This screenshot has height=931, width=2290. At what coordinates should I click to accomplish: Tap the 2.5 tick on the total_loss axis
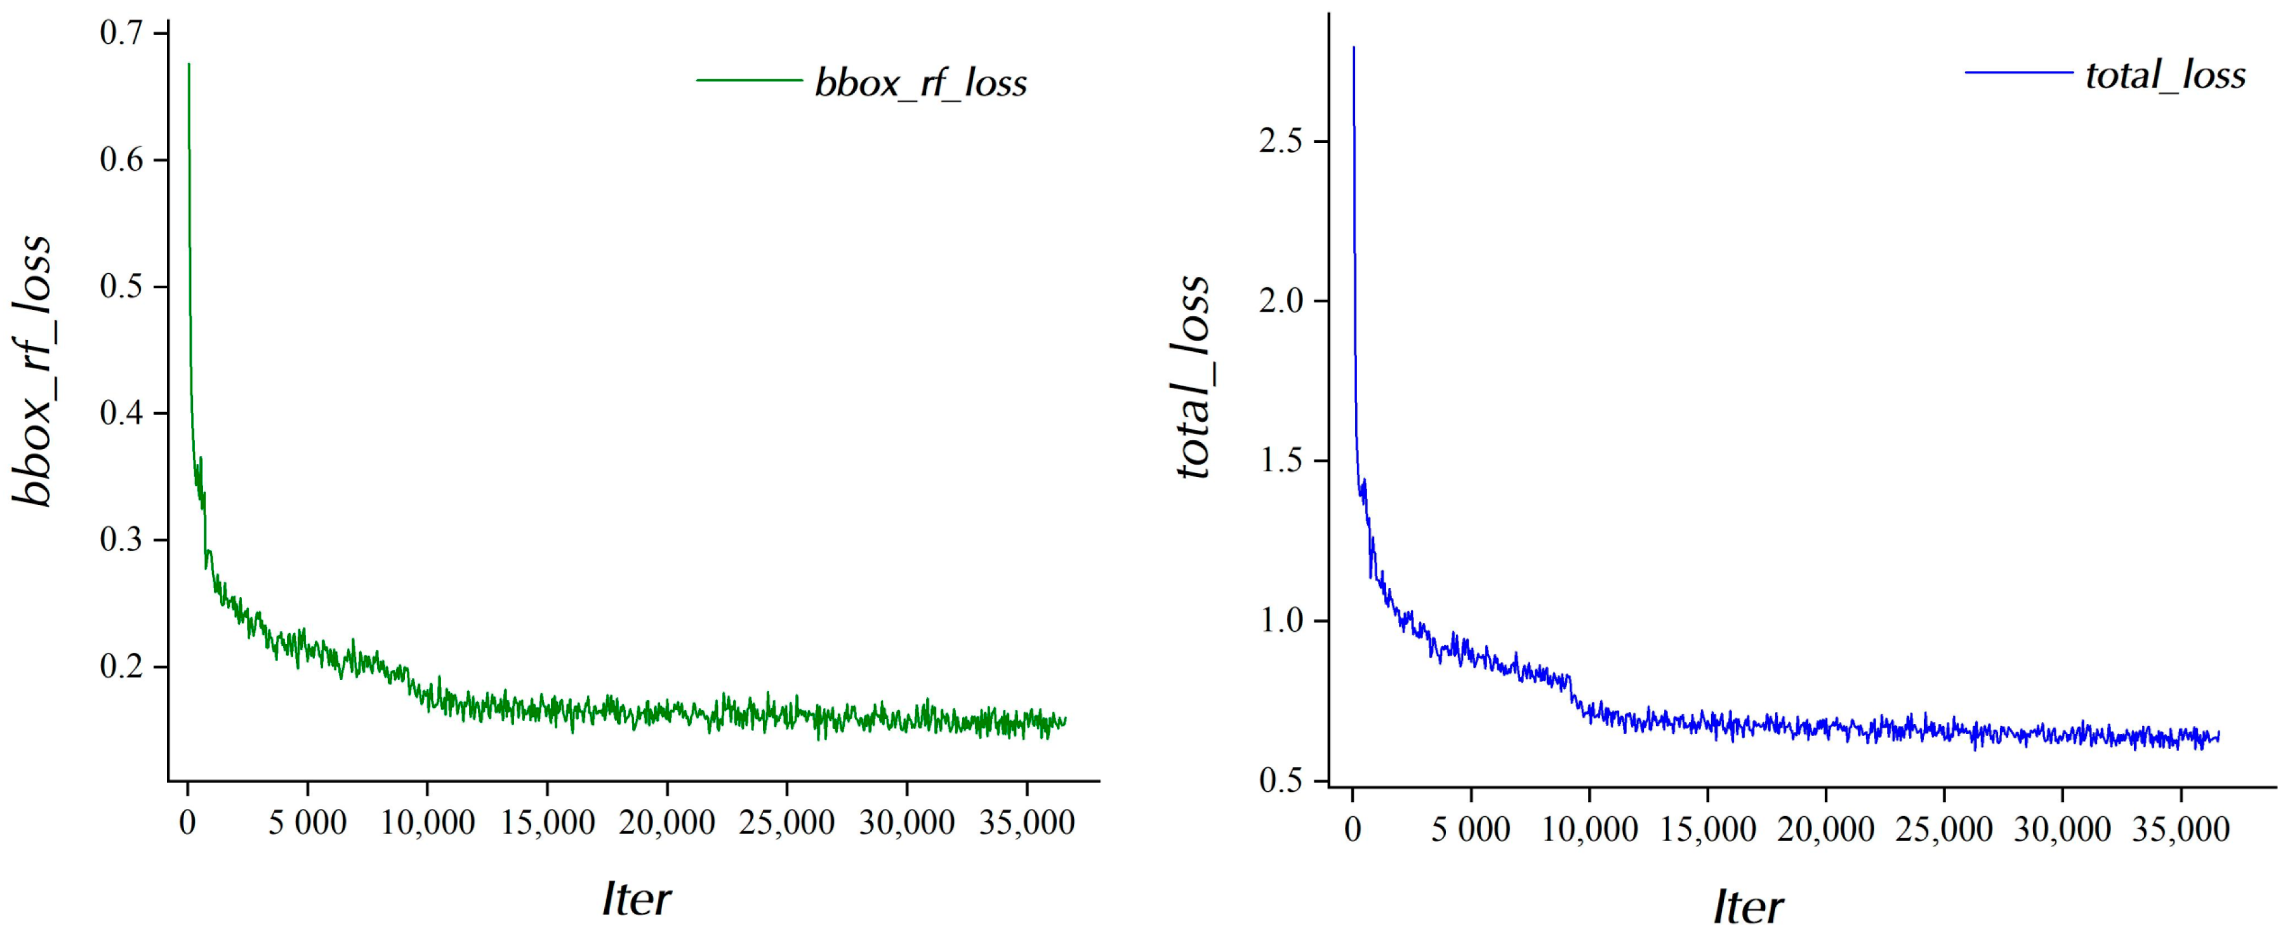tap(1281, 142)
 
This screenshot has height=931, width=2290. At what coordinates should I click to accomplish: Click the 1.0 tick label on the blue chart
tap(1281, 620)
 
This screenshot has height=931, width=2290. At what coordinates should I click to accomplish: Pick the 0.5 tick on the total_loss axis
tap(1281, 780)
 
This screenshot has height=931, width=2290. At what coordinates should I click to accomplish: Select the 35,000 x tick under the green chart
tap(1027, 822)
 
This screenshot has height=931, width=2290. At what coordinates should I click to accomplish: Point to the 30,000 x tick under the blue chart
tap(2062, 829)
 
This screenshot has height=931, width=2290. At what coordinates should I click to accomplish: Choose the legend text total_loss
tap(2166, 75)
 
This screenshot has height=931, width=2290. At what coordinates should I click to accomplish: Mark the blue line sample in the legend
tap(2018, 72)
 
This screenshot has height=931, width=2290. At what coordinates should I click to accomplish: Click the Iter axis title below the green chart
tap(637, 899)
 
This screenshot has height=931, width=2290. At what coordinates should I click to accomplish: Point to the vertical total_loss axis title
tap(1193, 378)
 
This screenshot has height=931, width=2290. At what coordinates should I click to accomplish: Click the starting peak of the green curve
tap(189, 65)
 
